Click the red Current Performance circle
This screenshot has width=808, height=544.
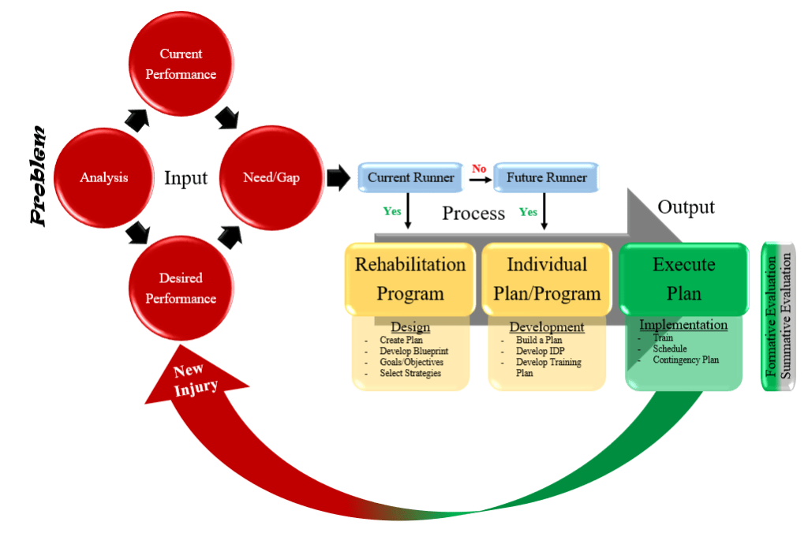coord(181,64)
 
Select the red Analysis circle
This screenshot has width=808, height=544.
coord(103,177)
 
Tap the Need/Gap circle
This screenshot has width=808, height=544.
coord(271,177)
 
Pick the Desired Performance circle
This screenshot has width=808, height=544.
coord(181,288)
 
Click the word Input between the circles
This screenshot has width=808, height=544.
coord(185,177)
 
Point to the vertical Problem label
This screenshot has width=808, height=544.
coord(37,177)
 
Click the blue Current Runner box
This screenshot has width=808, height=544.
coord(410,178)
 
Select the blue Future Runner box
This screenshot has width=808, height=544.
coord(546,178)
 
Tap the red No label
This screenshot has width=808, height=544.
coord(479,168)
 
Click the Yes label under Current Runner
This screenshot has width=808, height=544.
coord(391,211)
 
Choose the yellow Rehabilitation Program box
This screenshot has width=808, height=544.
coord(410,278)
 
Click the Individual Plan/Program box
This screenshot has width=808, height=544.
coord(547,278)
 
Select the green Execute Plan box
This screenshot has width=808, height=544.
coord(683,278)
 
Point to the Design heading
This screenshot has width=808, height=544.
coord(410,327)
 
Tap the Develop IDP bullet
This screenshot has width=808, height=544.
coord(541,351)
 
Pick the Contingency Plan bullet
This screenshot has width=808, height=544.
coord(686,360)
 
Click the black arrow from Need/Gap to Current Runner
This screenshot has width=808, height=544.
coord(337,178)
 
